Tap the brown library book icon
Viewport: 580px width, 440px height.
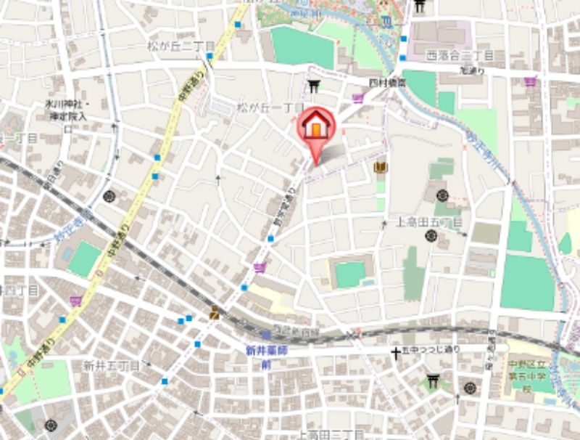380,168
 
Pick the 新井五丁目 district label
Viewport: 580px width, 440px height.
111,364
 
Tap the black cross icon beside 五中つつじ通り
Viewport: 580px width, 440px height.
396,354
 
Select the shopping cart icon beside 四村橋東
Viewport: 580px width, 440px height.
358,97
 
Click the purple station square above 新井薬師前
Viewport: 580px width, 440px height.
266,335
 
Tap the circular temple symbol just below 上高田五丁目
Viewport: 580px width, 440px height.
431,235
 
